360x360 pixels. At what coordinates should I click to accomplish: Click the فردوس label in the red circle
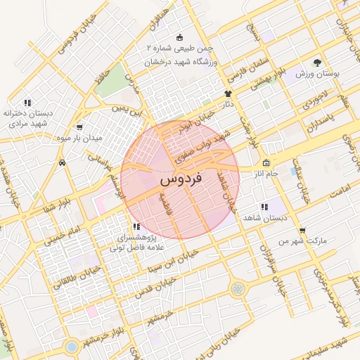click(x=181, y=179)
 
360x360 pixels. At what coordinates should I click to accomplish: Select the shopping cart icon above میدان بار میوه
click(x=79, y=128)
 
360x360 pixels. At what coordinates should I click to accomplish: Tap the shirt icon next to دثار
click(x=228, y=94)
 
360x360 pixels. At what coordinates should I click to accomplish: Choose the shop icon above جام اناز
click(x=265, y=163)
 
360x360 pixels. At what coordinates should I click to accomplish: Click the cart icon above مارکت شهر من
click(x=302, y=230)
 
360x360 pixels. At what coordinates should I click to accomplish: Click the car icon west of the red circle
click(x=63, y=162)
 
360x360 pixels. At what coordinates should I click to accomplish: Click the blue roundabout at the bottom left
click(x=70, y=346)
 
